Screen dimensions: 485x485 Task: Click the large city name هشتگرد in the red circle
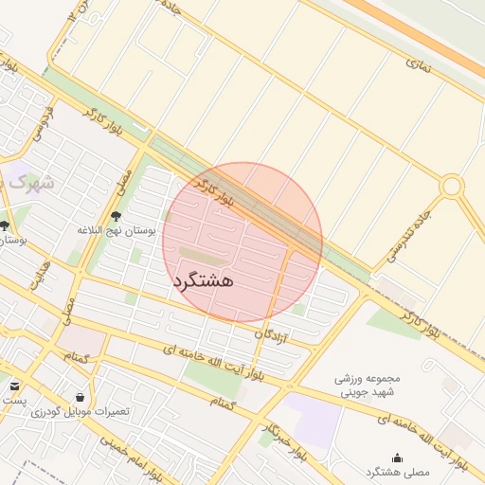click(204, 280)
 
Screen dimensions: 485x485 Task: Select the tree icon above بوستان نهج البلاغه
click(117, 216)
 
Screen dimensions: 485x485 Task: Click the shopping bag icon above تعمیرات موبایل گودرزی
click(80, 398)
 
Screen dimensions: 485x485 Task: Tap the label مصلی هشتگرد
click(397, 471)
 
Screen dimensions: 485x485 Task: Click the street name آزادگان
click(273, 334)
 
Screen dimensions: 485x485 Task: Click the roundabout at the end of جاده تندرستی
click(452, 186)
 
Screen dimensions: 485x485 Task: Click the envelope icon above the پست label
click(15, 386)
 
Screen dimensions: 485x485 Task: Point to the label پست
click(13, 401)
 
